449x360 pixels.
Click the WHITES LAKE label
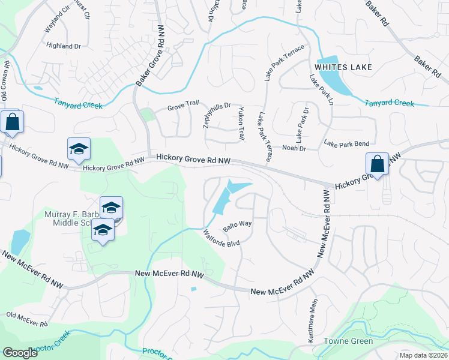click(x=343, y=67)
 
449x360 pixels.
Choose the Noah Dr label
click(x=294, y=148)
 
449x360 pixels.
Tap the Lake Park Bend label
click(x=346, y=144)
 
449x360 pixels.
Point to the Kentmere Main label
click(x=312, y=322)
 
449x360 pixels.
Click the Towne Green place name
click(x=349, y=341)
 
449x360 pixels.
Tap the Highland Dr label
click(x=64, y=46)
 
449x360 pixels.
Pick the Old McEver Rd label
click(x=26, y=319)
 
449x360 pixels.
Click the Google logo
click(x=20, y=353)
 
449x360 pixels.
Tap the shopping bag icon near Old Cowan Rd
click(x=12, y=123)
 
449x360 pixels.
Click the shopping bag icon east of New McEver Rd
click(x=377, y=164)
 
